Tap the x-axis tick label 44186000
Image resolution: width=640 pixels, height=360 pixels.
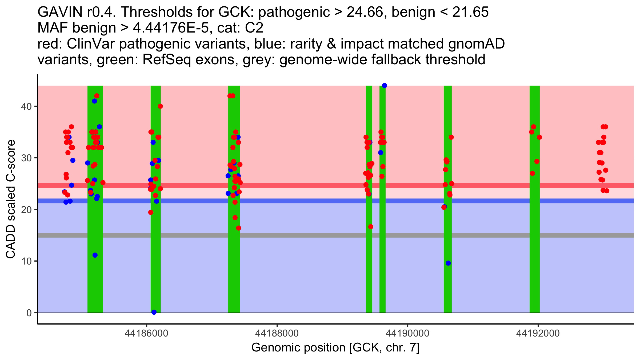point(146,333)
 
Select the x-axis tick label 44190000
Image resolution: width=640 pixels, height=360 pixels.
point(407,333)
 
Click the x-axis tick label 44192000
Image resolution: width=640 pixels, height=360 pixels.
point(538,333)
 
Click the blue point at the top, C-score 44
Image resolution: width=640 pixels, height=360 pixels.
point(385,86)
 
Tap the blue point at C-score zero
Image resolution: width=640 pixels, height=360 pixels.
point(154,312)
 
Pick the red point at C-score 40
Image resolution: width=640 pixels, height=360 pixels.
point(160,106)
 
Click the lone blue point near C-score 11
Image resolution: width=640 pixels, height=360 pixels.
point(95,255)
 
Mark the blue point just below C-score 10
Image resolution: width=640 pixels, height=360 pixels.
point(448,263)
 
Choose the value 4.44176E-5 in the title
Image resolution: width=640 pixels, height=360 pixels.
point(171,28)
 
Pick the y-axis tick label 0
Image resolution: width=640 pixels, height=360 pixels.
point(29,313)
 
